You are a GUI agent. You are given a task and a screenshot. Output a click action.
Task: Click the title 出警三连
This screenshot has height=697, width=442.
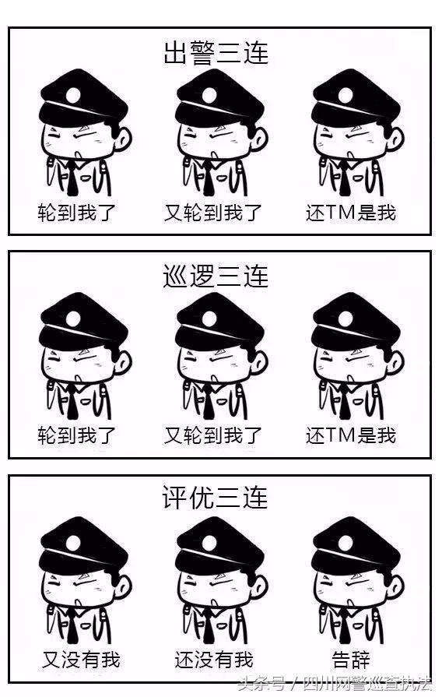pyautogui.click(x=216, y=53)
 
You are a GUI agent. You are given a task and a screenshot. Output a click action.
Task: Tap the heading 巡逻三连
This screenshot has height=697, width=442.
pyautogui.click(x=216, y=276)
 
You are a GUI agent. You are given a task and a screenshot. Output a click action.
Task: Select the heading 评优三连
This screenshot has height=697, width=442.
pyautogui.click(x=215, y=498)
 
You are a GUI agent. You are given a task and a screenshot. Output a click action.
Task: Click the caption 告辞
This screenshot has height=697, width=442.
pyautogui.click(x=351, y=660)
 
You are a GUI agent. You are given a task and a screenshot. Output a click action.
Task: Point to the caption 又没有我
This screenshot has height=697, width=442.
pyautogui.click(x=81, y=660)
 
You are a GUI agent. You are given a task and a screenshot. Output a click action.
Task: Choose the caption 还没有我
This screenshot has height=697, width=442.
pyautogui.click(x=214, y=660)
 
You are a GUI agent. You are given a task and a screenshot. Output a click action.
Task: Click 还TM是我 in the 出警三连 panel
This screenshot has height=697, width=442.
pyautogui.click(x=351, y=213)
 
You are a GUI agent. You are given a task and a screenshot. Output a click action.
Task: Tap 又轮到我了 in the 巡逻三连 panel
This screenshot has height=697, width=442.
pyautogui.click(x=213, y=435)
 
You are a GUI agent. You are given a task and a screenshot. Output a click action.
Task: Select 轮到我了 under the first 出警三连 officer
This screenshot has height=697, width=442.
pyautogui.click(x=76, y=213)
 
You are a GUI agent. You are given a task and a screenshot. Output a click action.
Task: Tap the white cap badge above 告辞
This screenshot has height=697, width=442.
pyautogui.click(x=346, y=543)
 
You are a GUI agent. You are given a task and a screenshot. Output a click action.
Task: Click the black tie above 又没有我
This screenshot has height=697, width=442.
pyautogui.click(x=72, y=626)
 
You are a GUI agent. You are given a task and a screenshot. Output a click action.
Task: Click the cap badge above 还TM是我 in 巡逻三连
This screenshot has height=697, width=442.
pyautogui.click(x=346, y=319)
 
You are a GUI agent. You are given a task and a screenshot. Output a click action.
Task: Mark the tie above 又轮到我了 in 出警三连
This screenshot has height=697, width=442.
pyautogui.click(x=209, y=179)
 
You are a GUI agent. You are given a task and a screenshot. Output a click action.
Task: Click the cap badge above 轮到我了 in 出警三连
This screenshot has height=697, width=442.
pyautogui.click(x=73, y=95)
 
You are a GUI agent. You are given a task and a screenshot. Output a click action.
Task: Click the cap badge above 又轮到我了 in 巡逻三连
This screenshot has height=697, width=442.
pyautogui.click(x=209, y=319)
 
